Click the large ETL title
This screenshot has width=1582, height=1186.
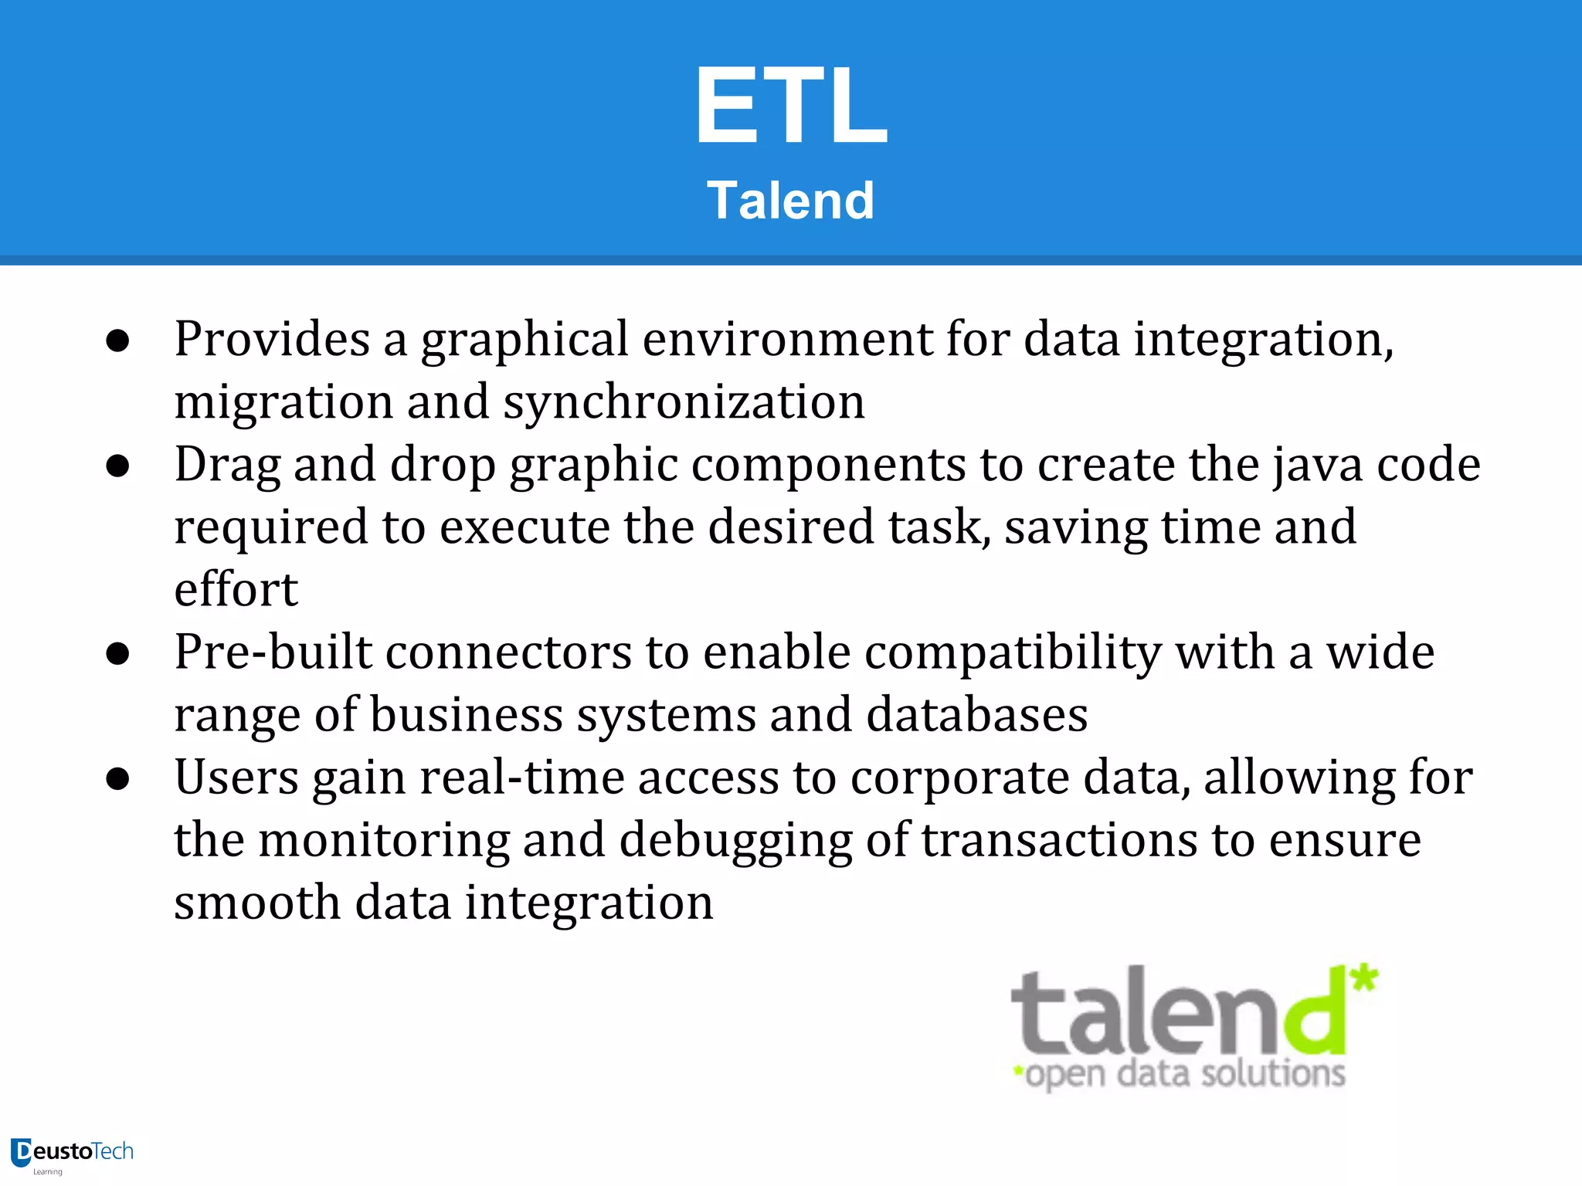coord(791,105)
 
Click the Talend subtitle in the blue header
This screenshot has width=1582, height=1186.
coord(790,201)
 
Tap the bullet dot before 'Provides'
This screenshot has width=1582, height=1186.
coord(117,341)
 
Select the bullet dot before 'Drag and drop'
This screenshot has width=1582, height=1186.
coord(117,466)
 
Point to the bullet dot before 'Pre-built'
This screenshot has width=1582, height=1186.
coord(117,653)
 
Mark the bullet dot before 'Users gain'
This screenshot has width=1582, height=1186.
coord(117,778)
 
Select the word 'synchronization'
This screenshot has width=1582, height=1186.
coord(684,402)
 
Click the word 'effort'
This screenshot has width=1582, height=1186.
coord(236,590)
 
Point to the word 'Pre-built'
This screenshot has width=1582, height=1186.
coord(273,652)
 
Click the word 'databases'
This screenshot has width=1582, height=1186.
coord(976,715)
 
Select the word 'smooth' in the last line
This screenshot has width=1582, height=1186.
coord(256,903)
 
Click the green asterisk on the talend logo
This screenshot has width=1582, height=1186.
coord(1364,978)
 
